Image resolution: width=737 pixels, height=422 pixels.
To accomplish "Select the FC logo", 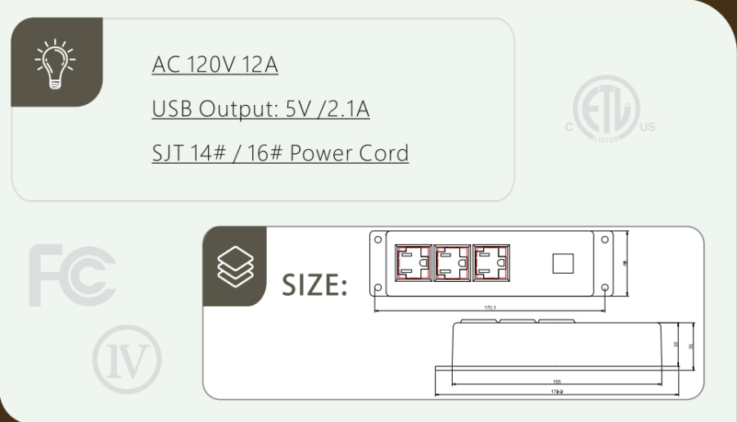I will click(x=72, y=275).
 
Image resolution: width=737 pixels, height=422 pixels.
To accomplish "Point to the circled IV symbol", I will click(x=127, y=359).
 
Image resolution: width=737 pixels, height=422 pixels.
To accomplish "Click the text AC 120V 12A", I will click(x=215, y=65).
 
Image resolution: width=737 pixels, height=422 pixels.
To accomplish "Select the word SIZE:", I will click(x=315, y=285).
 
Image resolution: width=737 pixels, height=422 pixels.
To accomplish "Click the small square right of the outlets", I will click(x=563, y=263).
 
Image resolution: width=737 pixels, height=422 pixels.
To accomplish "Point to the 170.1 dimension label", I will click(x=491, y=308).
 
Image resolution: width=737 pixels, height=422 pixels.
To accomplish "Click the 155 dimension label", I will click(x=557, y=382).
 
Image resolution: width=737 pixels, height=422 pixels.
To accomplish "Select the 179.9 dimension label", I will click(x=557, y=393).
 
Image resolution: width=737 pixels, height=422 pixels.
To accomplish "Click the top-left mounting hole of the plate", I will click(x=378, y=239).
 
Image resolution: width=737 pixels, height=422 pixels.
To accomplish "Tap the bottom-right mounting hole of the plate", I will click(x=604, y=288).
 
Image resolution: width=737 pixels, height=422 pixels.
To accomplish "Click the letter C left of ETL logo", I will click(x=567, y=127).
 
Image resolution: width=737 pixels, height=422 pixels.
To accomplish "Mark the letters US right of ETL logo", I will click(x=647, y=127).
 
